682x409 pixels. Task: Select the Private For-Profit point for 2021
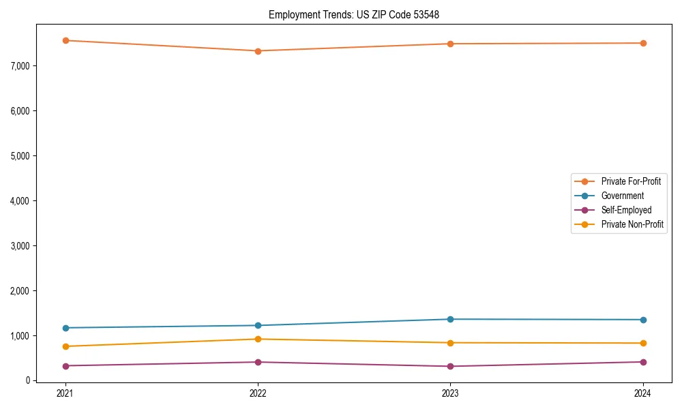65,40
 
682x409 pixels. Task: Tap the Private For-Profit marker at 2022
258,51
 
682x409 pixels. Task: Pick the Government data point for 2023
450,319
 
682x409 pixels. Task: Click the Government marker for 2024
643,320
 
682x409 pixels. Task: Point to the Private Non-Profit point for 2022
258,339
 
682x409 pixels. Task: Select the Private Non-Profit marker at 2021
65,346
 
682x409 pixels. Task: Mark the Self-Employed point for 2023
450,366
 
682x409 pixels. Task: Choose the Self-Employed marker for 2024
643,362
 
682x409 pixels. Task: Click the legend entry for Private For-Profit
631,181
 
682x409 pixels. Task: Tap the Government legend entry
622,196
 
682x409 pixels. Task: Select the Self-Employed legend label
626,210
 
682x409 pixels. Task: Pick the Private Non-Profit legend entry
632,224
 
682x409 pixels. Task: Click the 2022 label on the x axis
258,393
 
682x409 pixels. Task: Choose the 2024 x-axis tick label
643,393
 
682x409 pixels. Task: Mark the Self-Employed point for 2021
65,366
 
